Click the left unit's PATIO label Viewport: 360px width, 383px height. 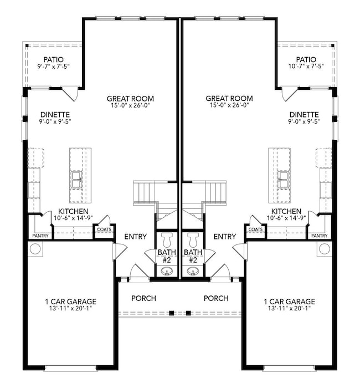point(54,59)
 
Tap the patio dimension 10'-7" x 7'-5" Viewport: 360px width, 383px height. point(306,67)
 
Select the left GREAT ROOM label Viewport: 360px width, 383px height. point(130,98)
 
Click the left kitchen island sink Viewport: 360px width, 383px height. point(76,177)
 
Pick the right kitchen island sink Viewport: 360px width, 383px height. point(284,177)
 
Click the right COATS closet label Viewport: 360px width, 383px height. point(255,229)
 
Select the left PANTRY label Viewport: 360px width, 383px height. point(40,236)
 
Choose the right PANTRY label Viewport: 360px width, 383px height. point(319,236)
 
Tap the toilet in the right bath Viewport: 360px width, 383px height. point(193,241)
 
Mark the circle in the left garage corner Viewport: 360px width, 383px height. point(35,248)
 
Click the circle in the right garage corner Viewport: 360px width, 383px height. point(324,248)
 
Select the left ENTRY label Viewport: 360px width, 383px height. point(135,237)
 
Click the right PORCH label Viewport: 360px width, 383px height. point(216,298)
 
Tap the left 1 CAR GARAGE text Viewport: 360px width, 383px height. point(70,302)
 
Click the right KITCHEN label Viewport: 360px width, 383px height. point(286,211)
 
